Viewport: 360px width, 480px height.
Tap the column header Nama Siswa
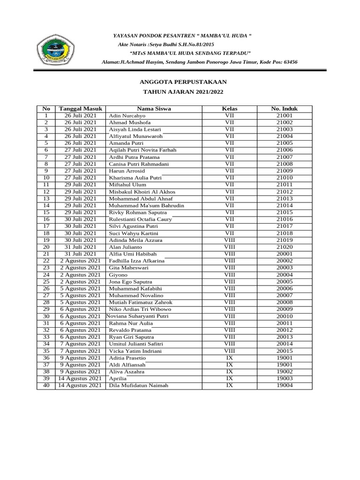pyautogui.click(x=154, y=108)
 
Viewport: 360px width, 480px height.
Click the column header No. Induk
pyautogui.click(x=284, y=108)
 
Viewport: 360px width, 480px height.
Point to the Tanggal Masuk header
pyautogui.click(x=81, y=108)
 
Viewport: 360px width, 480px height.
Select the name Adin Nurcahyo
pyautogui.click(x=127, y=115)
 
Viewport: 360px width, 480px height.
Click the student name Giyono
pyautogui.click(x=118, y=275)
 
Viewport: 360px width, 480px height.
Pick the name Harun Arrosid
pyautogui.click(x=128, y=171)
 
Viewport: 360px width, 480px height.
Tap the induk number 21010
pyautogui.click(x=284, y=178)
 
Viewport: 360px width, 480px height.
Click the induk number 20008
pyautogui.click(x=284, y=303)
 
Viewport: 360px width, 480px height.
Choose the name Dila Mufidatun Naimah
pyautogui.click(x=138, y=386)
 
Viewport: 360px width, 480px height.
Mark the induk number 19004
pyautogui.click(x=284, y=386)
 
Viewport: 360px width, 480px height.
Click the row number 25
pyautogui.click(x=46, y=282)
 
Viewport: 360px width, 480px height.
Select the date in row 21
pyautogui.click(x=81, y=254)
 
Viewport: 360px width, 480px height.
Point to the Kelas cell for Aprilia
pyautogui.click(x=229, y=379)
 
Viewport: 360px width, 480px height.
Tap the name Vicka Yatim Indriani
pyautogui.click(x=135, y=351)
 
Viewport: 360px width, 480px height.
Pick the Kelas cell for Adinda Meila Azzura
pyautogui.click(x=229, y=240)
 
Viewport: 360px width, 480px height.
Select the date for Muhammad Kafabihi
pyautogui.click(x=81, y=289)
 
